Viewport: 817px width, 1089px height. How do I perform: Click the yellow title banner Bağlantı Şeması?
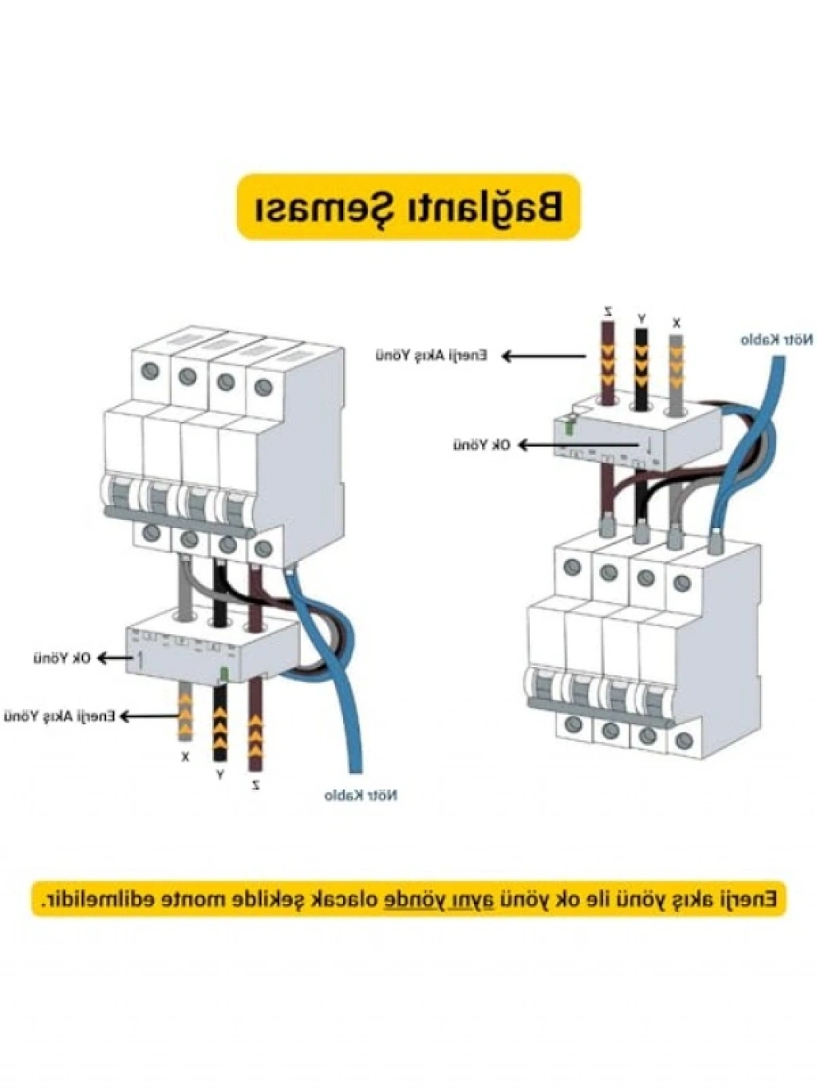point(408,207)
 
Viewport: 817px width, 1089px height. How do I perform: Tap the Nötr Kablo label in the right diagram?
point(776,341)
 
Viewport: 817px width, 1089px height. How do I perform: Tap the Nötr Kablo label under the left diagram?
point(361,795)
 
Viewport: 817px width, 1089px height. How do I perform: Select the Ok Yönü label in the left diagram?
point(62,658)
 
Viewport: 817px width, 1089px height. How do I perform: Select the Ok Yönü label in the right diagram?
point(482,444)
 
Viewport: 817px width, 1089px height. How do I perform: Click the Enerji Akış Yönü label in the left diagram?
point(60,716)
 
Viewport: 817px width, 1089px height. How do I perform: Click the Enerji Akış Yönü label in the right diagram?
point(432,355)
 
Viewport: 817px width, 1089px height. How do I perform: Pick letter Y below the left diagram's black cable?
point(220,774)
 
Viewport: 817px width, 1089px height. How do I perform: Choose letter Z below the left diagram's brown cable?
point(255,785)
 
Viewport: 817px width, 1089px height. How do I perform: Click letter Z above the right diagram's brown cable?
point(608,310)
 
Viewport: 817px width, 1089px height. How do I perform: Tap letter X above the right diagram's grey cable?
point(677,323)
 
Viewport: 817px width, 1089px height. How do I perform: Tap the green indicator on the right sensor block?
point(569,427)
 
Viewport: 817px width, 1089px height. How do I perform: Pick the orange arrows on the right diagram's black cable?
point(641,359)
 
